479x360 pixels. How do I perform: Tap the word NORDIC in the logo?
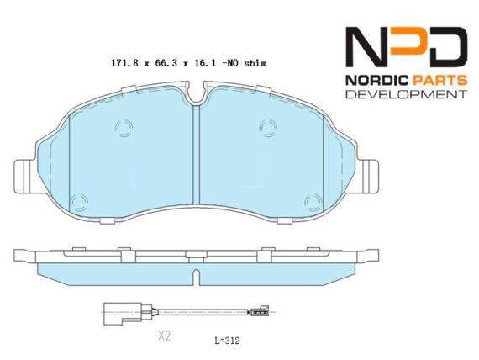(x=377, y=81)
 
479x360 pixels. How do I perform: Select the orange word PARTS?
(x=440, y=81)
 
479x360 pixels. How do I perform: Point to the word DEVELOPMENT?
(x=407, y=94)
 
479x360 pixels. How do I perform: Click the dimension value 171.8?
(x=124, y=63)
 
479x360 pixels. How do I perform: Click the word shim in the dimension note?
(x=255, y=63)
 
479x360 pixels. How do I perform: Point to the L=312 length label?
(x=227, y=341)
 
